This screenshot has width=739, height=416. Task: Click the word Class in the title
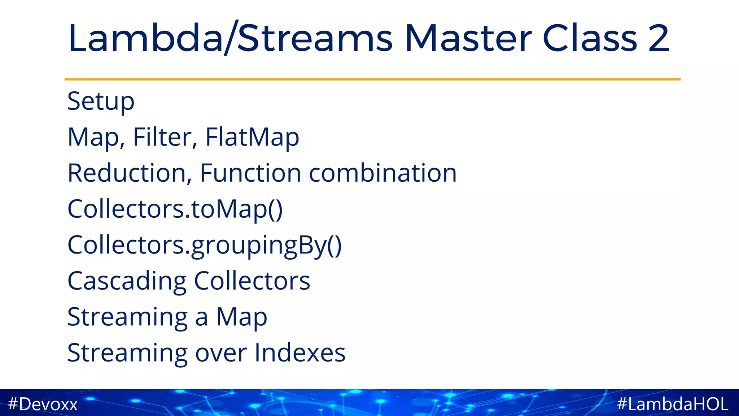(x=590, y=38)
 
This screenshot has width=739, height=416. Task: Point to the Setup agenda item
(x=101, y=102)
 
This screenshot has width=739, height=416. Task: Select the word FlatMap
(x=252, y=137)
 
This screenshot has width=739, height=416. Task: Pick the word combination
(x=383, y=173)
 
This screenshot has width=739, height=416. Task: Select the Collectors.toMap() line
(x=175, y=209)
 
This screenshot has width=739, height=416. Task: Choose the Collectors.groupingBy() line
(x=204, y=246)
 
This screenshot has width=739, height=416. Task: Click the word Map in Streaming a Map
(x=241, y=317)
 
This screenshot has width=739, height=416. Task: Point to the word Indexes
(x=300, y=353)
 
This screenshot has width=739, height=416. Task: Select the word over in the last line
(x=221, y=353)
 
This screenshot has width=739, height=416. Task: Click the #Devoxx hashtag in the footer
(x=43, y=404)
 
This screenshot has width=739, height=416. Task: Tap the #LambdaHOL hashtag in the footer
(x=673, y=404)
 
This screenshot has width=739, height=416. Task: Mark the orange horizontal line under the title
(x=372, y=79)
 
